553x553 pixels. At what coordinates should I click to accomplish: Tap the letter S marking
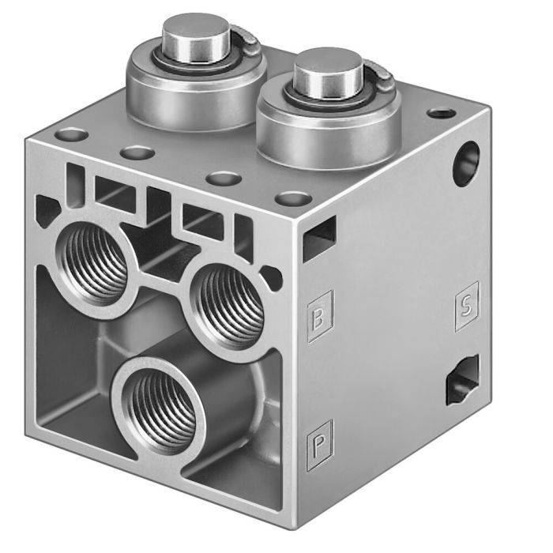(465, 307)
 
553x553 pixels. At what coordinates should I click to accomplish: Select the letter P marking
(320, 436)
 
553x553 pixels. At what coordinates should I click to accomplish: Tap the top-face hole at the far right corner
(438, 113)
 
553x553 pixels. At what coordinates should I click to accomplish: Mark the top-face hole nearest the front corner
(294, 197)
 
